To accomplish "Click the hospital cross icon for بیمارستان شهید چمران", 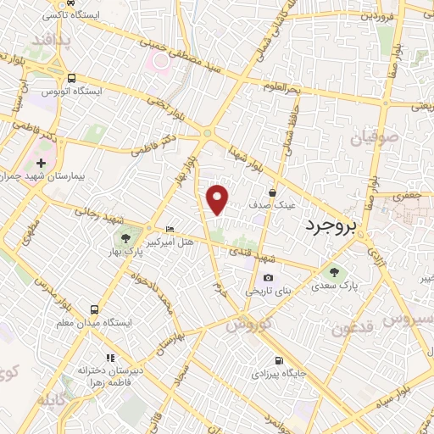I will point(41,161).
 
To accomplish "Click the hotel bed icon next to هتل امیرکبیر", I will point(170,229).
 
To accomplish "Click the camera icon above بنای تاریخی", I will point(268,278).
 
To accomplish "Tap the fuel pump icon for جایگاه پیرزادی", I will point(277,359).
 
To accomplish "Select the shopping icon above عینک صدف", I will point(272,192).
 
